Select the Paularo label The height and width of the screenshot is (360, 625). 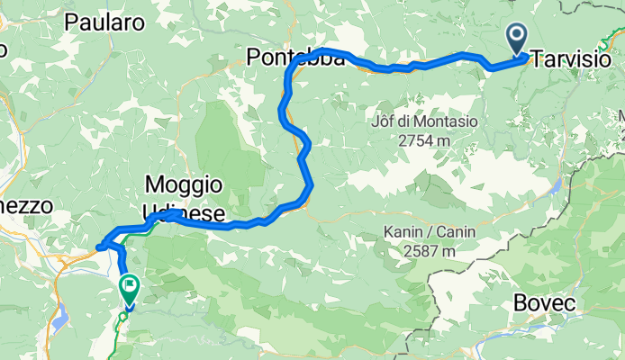[x=104, y=24]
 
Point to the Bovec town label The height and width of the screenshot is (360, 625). [x=544, y=303]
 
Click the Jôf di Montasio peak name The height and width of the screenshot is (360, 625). [x=423, y=121]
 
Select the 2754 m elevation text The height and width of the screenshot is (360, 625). [x=422, y=140]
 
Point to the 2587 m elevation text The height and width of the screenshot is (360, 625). [x=428, y=251]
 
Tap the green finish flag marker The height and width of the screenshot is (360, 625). [x=129, y=290]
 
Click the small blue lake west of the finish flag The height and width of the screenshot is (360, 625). [x=60, y=319]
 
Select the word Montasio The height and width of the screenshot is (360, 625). [x=440, y=121]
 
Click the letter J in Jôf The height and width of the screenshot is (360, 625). [x=374, y=121]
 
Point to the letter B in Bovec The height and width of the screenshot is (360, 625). [x=520, y=303]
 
